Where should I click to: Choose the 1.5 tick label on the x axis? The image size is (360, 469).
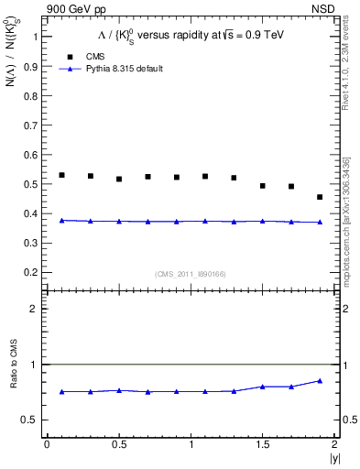pyautogui.click(x=264, y=444)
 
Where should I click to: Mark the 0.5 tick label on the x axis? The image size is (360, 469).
pyautogui.click(x=119, y=444)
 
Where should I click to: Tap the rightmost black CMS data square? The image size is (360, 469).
pyautogui.click(x=320, y=197)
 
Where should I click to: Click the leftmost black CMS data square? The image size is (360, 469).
pyautogui.click(x=61, y=175)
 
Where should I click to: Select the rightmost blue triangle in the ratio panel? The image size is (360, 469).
pyautogui.click(x=320, y=381)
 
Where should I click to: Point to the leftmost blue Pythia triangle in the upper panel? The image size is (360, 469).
pyautogui.click(x=61, y=221)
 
